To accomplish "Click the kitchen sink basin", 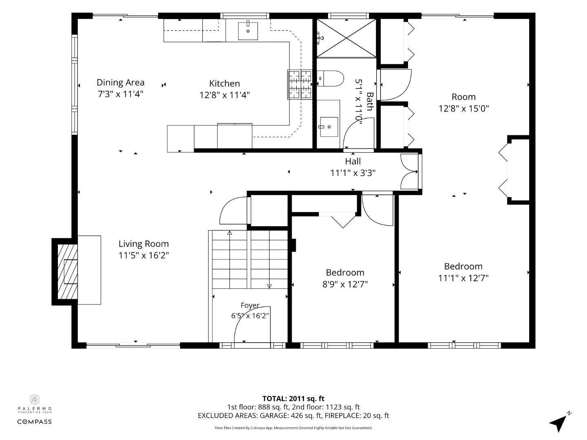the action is coord(248,31).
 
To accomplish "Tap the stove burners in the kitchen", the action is coord(300,84).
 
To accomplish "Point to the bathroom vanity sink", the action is coord(329,127).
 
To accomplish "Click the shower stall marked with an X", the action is coord(346,38).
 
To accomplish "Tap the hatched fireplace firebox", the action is coord(68,271).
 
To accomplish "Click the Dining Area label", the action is coord(120,83).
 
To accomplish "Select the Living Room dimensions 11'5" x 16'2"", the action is coord(143,255).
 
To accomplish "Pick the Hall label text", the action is coord(353,161).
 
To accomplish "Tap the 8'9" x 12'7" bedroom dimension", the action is coord(345,284).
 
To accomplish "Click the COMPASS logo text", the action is coord(35,422).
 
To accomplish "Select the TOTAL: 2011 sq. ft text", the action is coord(293,398).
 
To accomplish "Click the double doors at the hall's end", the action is coord(410,172).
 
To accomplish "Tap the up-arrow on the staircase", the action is coord(230,233).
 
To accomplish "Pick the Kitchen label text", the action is coord(224,84).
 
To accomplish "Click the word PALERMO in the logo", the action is coord(35,409).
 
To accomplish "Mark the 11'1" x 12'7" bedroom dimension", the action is coord(463,278).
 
